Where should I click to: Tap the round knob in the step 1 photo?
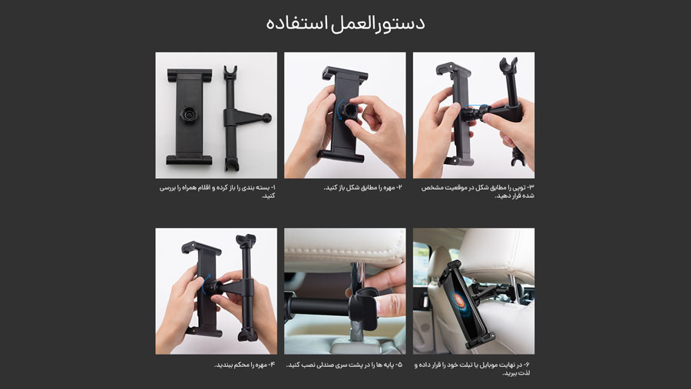point(189,114)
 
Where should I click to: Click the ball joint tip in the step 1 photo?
point(266,117)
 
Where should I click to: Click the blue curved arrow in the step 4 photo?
point(206,284)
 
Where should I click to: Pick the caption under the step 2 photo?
point(362,188)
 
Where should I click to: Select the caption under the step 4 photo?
point(245,364)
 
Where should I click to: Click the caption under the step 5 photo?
point(344,364)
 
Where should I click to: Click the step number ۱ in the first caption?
point(273,188)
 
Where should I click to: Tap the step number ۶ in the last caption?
point(527,364)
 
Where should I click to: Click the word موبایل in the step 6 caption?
point(494,364)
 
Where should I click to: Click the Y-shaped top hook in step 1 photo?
point(230,72)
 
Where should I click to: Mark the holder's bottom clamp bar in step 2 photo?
point(340,156)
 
